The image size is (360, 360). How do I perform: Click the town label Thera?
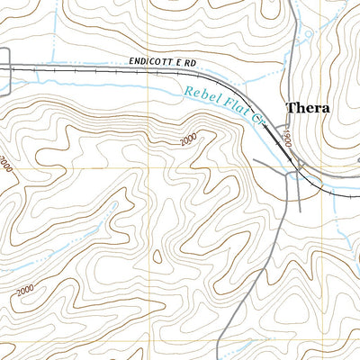click(308, 108)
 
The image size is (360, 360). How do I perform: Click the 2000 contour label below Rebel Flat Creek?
click(187, 140)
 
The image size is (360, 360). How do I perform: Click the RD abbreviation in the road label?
click(191, 64)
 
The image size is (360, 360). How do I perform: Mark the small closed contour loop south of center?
click(157, 257)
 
